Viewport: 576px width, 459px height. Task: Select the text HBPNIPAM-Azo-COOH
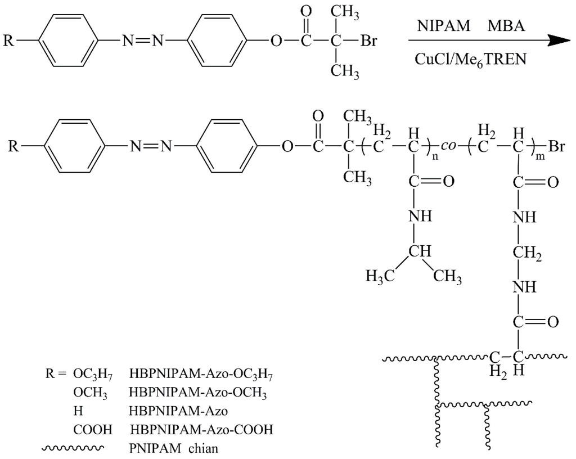click(x=201, y=430)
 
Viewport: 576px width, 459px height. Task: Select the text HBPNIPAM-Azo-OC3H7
click(x=204, y=373)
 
